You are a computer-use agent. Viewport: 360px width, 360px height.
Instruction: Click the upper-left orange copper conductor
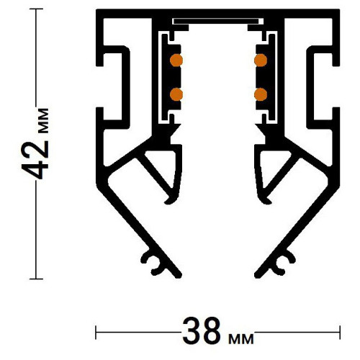[x=176, y=60]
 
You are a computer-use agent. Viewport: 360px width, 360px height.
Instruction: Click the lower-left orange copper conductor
[x=176, y=94]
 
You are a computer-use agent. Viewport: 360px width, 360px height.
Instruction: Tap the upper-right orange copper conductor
[x=261, y=60]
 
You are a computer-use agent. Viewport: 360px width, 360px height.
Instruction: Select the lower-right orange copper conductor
[x=261, y=94]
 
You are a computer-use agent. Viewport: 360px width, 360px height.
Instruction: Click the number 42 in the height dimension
[x=35, y=160]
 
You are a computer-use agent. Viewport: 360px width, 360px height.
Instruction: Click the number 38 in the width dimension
[x=202, y=331]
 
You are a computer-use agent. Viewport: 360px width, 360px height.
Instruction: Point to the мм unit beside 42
[x=43, y=121]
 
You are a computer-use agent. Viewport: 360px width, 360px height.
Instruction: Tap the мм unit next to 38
[x=240, y=338]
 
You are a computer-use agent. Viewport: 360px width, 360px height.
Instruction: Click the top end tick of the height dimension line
[x=36, y=9]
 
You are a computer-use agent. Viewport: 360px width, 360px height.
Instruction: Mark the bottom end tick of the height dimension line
[x=36, y=279]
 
